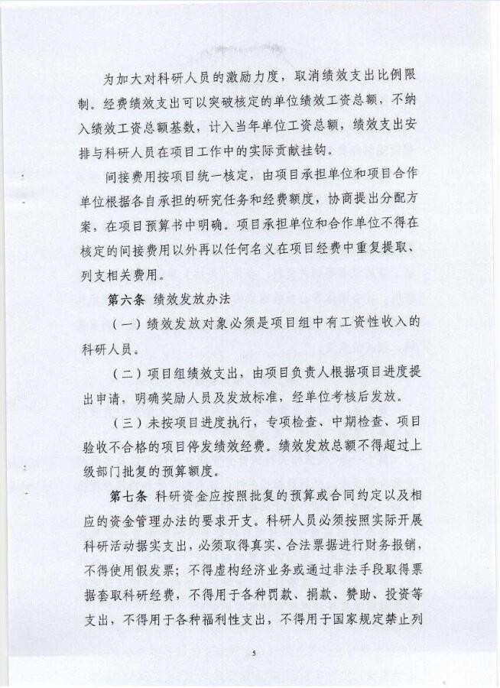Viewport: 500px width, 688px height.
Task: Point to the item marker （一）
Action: [x=122, y=324]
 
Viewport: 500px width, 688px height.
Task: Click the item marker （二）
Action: [x=122, y=374]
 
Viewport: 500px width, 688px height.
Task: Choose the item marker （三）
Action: [x=122, y=423]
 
